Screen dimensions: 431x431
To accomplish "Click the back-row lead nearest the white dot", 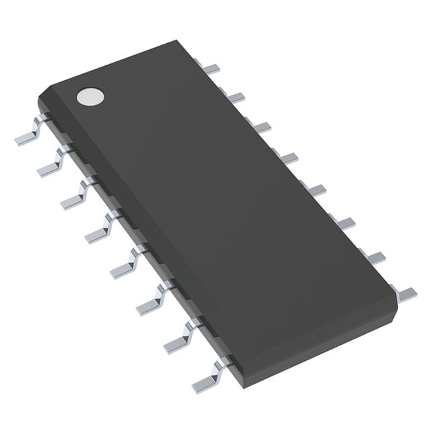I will click(211, 67).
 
